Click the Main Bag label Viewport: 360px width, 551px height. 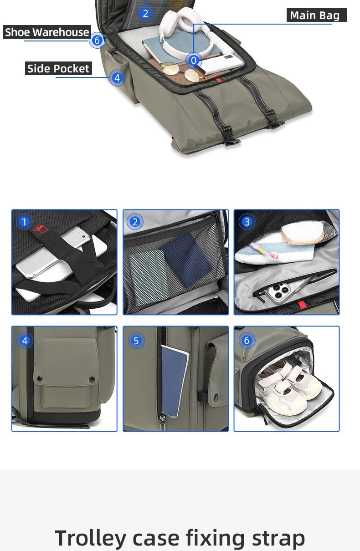coord(316,15)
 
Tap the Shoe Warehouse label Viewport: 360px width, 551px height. coord(47,32)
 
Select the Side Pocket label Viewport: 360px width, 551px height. coord(58,68)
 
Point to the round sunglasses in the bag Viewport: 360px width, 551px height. coord(182,71)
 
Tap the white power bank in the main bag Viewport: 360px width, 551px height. coord(221,64)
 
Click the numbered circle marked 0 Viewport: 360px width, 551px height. coord(194,60)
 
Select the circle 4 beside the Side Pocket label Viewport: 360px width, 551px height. coord(117,78)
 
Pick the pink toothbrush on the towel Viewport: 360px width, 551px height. coord(264,250)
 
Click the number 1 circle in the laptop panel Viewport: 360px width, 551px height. coord(24,222)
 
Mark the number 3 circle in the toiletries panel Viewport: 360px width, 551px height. coord(247,222)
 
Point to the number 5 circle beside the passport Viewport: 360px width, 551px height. coord(136,341)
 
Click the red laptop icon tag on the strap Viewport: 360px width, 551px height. coord(41,229)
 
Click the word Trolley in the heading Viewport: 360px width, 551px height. coord(90,538)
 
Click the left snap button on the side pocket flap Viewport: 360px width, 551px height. coord(39,378)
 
